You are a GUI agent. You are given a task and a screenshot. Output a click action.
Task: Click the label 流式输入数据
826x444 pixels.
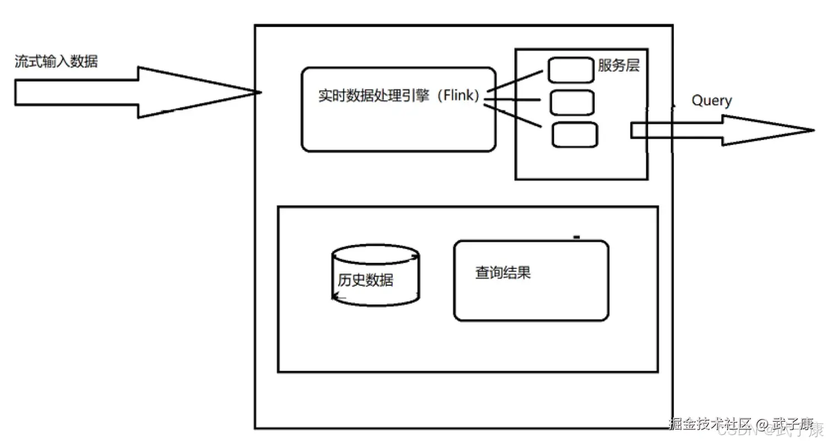pos(56,62)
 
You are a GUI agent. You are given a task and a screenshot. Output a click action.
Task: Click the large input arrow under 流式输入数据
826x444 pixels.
pos(111,92)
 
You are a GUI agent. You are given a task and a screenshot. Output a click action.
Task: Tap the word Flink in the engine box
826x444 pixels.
pos(458,95)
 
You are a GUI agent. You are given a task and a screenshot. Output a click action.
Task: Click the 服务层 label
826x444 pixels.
pos(618,66)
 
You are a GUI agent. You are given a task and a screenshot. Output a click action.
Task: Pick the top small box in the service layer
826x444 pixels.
pos(571,70)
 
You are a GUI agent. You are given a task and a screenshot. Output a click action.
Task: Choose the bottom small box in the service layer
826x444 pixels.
pos(575,135)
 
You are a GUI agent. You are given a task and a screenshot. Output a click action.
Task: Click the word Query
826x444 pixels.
pos(711,101)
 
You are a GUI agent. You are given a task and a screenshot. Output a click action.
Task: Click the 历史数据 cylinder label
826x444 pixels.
pos(365,279)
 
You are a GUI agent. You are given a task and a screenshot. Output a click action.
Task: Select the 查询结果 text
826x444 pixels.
pos(503,273)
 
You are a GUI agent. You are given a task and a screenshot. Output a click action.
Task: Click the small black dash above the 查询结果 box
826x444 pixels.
pos(577,238)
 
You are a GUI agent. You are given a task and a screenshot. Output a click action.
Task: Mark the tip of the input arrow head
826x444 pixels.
pos(260,92)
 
